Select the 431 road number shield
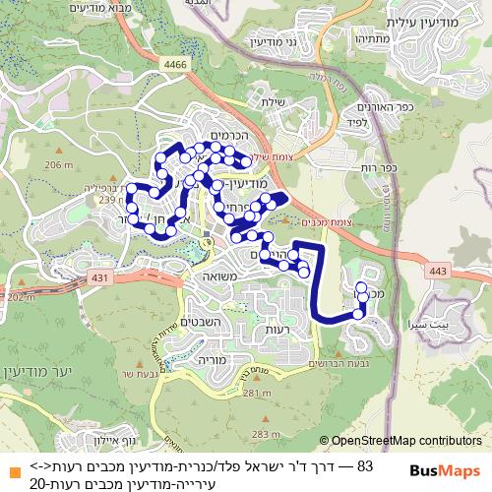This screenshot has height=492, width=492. pos(98,279)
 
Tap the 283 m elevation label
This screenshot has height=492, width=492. pos(266,433)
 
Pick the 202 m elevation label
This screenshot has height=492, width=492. pos(18,297)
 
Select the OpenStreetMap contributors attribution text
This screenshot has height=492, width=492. pos(405,442)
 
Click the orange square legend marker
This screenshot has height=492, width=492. pos(11,466)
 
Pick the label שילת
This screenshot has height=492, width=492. pos(274,100)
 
